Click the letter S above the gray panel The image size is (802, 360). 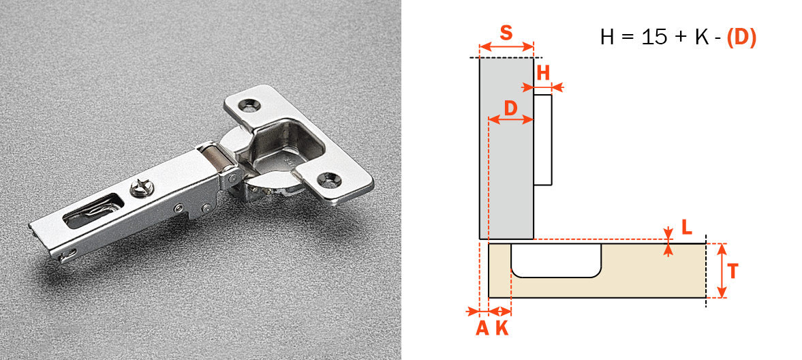click(506, 32)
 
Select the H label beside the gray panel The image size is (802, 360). click(543, 73)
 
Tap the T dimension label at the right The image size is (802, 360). click(732, 271)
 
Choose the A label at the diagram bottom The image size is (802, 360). click(482, 328)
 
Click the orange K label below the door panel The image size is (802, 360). click(502, 328)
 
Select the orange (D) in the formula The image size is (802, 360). click(741, 37)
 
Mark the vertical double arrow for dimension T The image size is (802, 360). click(723, 271)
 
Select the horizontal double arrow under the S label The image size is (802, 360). click(506, 47)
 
